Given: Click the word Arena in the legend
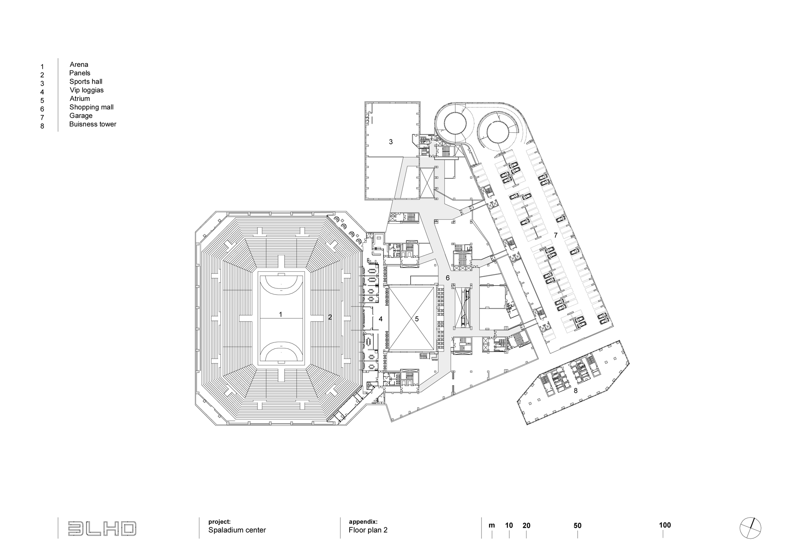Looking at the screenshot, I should coord(79,64).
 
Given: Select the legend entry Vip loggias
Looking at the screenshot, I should coord(86,90).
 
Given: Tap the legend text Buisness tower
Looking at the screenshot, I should coord(93,124).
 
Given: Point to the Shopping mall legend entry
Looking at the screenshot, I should coord(91,107).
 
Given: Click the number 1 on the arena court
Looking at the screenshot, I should coord(280,315).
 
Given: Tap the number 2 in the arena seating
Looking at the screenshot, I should coord(330,317).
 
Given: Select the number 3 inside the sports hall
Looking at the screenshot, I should coord(391,142).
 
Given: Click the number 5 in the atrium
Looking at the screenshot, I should coord(417,319).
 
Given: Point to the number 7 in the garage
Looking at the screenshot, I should coord(556,236).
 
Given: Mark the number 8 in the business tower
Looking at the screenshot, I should coord(576,391).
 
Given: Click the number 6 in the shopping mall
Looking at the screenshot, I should coord(447,278).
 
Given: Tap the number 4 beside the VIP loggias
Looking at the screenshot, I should coord(380,319).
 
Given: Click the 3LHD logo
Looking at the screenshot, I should coord(102,529).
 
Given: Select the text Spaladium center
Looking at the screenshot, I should coord(237,530).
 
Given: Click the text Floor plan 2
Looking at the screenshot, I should coord(368,530).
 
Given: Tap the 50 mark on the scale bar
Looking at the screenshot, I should coord(577,526).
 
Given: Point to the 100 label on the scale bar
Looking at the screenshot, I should coord(665,525).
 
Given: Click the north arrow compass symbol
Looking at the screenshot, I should coord(750,528).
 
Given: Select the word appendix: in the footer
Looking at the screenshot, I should coord(363,522).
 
